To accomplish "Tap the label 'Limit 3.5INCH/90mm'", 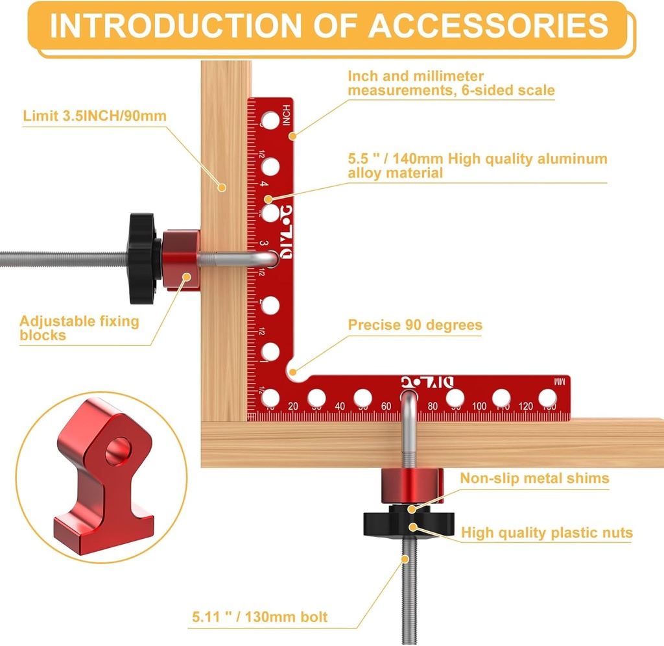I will click(95, 116).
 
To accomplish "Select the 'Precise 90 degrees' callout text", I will click(415, 325).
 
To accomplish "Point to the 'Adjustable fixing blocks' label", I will click(79, 328).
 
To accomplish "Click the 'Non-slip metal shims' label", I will click(534, 478).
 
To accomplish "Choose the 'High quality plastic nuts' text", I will click(547, 533).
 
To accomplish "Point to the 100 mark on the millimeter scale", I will click(479, 406).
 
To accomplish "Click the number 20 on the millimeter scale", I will click(293, 406).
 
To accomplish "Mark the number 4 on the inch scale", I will click(263, 184).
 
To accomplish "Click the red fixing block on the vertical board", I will click(182, 259).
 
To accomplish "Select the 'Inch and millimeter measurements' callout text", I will click(451, 83).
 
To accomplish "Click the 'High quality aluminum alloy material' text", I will click(477, 166).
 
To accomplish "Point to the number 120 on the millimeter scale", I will click(526, 406).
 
